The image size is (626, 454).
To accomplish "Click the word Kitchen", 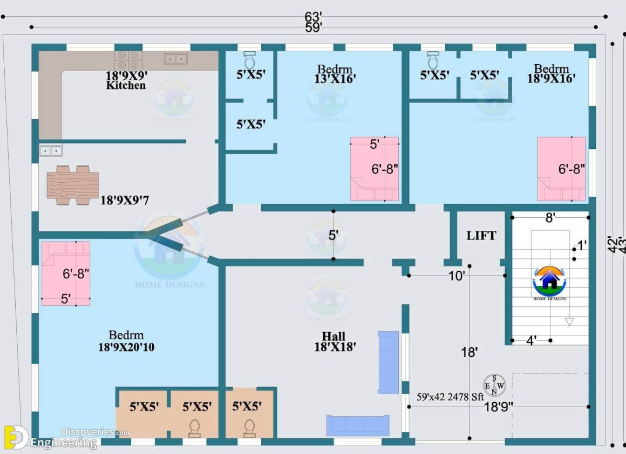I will tap(126, 85).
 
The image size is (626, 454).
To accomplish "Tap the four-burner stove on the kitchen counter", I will tap(128, 58).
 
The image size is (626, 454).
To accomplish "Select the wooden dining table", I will tap(72, 185).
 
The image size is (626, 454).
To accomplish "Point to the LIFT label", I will tap(481, 236).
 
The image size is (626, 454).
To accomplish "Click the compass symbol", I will tap(494, 385).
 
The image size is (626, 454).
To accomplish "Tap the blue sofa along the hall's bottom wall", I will tap(357, 425).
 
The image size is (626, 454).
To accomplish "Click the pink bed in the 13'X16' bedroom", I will tap(375, 169).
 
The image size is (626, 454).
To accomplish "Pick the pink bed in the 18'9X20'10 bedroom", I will tap(66, 273).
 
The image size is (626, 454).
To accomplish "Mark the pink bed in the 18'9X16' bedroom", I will tap(561, 169).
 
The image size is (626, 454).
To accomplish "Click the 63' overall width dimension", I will tap(313, 17).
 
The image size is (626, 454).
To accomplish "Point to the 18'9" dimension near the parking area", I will tap(498, 407).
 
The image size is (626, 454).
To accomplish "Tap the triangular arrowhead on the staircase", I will tap(569, 321).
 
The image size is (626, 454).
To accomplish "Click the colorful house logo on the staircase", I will tap(549, 280).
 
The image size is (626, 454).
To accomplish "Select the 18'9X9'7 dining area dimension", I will tap(124, 201).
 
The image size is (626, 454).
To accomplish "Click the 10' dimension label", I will tap(457, 276).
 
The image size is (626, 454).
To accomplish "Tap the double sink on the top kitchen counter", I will tap(175, 58).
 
